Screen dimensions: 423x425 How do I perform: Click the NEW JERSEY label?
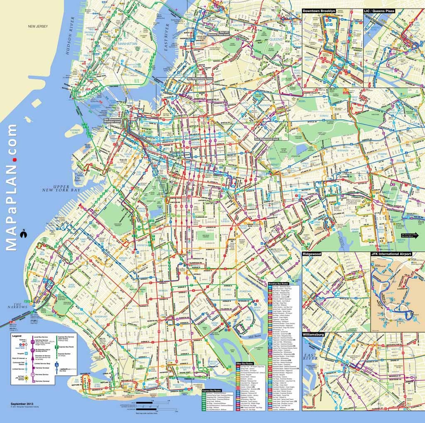click(x=38, y=27)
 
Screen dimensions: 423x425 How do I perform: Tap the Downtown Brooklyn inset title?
click(x=319, y=11)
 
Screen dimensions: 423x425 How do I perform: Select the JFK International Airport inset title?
click(x=391, y=254)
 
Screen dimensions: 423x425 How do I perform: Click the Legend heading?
click(x=17, y=335)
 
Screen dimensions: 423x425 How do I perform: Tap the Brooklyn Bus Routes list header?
click(x=283, y=283)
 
